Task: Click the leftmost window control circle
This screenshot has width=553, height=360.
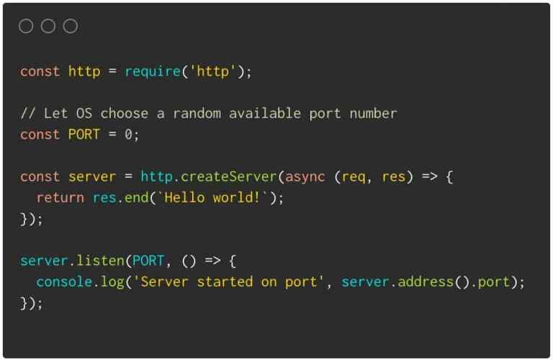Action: [26, 27]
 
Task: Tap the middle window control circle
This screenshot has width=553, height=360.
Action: [48, 27]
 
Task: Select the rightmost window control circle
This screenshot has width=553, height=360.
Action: [71, 27]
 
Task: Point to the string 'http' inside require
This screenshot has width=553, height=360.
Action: [213, 72]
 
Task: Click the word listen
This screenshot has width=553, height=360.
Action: [104, 261]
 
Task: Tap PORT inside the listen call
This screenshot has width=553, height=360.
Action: [148, 261]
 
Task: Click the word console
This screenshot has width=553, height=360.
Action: [65, 282]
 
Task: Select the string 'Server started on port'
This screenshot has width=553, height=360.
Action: [229, 282]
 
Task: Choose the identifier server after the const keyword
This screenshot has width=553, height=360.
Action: [92, 177]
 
